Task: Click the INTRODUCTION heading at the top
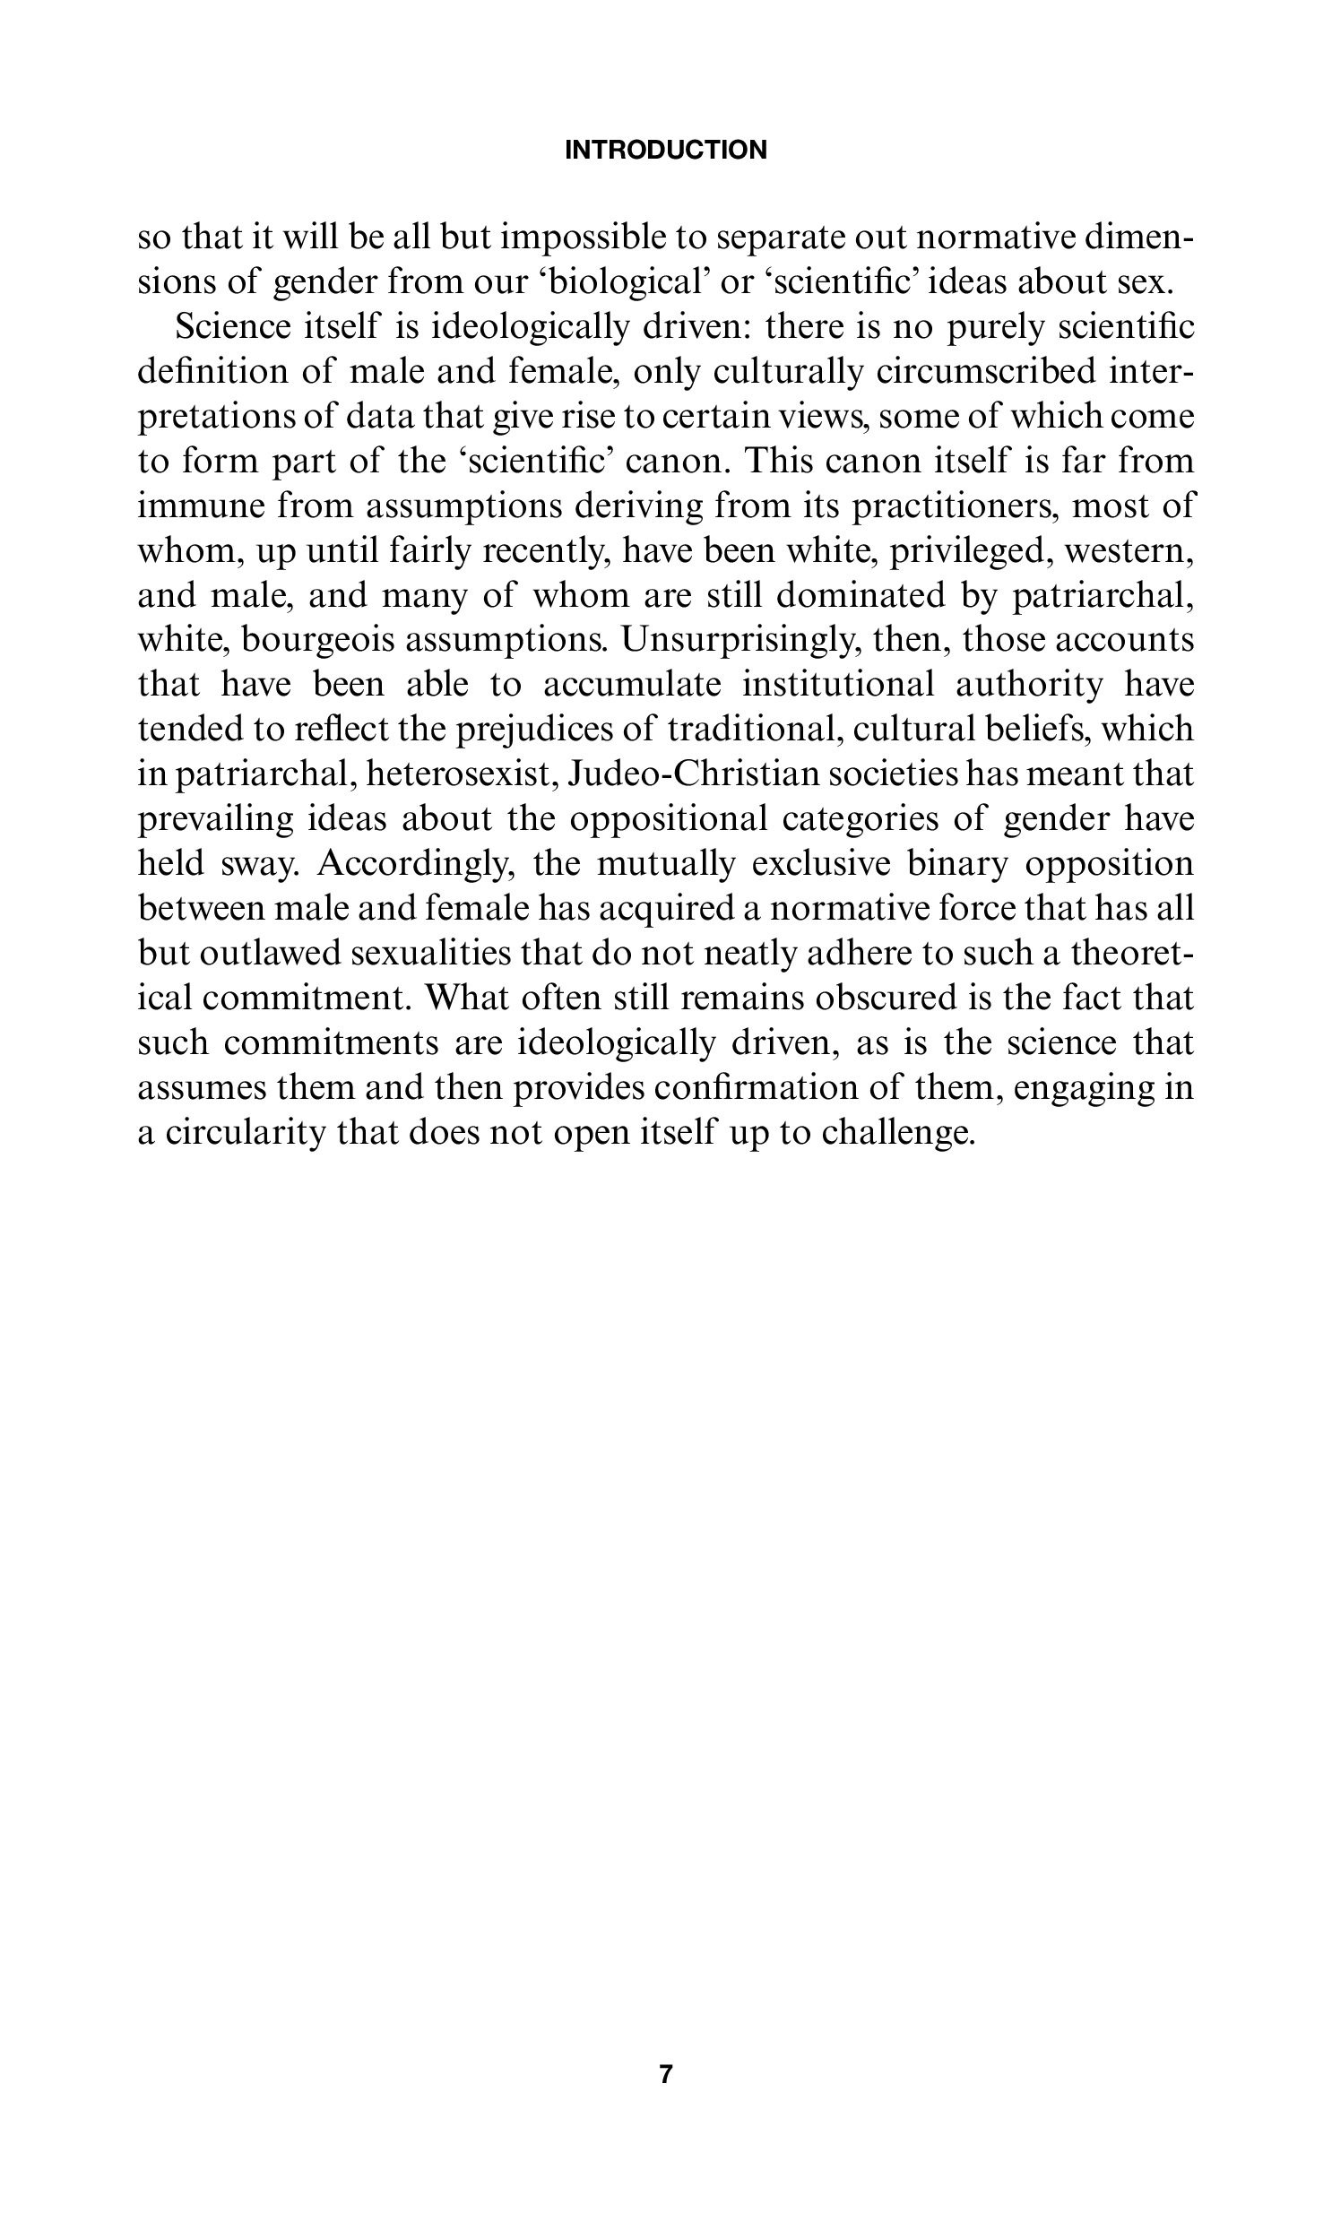pos(665,150)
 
